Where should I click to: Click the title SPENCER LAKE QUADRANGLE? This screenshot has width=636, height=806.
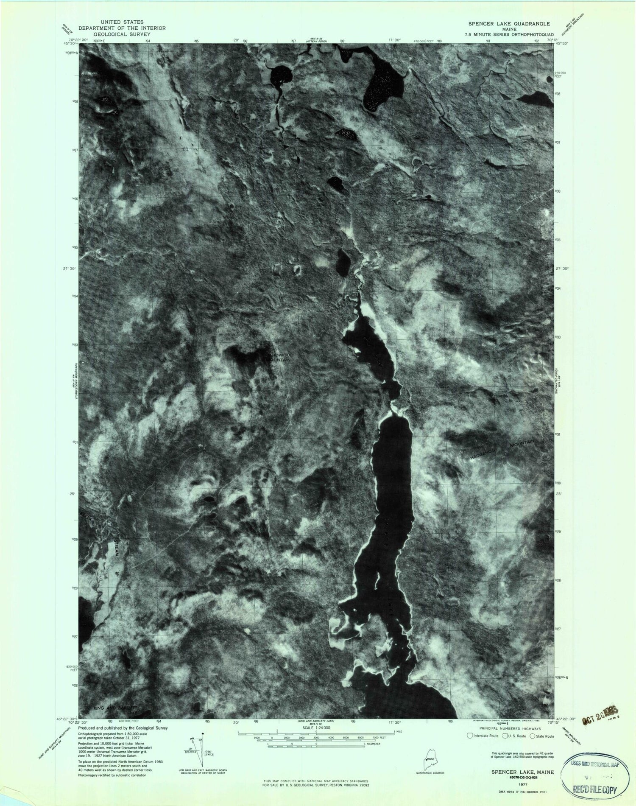coord(509,24)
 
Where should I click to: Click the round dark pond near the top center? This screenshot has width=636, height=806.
coord(281,76)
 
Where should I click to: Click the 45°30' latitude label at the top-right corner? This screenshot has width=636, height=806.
coord(565,43)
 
